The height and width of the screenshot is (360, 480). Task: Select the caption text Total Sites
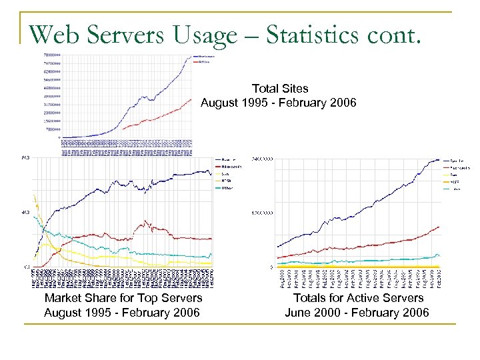coord(280,88)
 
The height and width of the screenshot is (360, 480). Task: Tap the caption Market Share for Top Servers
coord(123,298)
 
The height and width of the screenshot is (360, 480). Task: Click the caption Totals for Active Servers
coord(358,298)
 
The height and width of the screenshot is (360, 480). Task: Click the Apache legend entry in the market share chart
coord(228,159)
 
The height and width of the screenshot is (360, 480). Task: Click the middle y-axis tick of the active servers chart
coord(261,213)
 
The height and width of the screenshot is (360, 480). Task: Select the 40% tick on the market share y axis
coord(25,213)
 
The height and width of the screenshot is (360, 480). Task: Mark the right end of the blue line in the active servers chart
coord(440,160)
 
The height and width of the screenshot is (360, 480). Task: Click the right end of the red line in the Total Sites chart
coord(191,100)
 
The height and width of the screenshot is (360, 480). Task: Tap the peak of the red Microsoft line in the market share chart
coord(145,221)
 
